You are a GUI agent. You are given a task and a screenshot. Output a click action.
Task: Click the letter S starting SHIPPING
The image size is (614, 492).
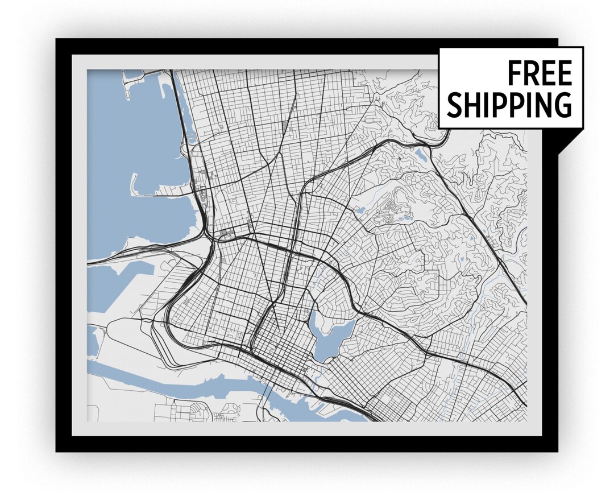pos(454,104)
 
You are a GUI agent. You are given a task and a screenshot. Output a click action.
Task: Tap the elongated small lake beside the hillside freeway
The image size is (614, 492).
pos(422,154)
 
